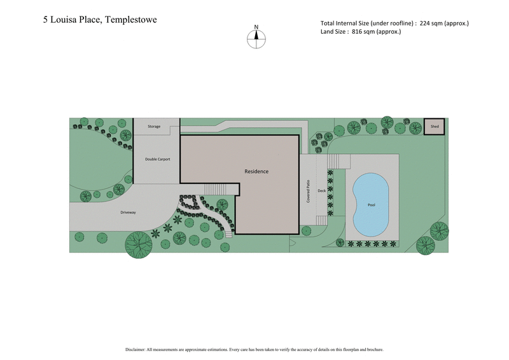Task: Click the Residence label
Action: click(256, 171)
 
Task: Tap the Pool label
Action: click(372, 205)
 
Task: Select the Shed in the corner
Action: click(435, 127)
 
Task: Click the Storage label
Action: click(154, 127)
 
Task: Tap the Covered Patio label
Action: click(307, 191)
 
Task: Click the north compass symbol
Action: click(256, 39)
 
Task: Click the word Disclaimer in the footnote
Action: click(138, 349)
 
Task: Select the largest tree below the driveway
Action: click(139, 244)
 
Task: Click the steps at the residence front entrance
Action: click(214, 190)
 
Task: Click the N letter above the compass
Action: click(256, 27)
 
